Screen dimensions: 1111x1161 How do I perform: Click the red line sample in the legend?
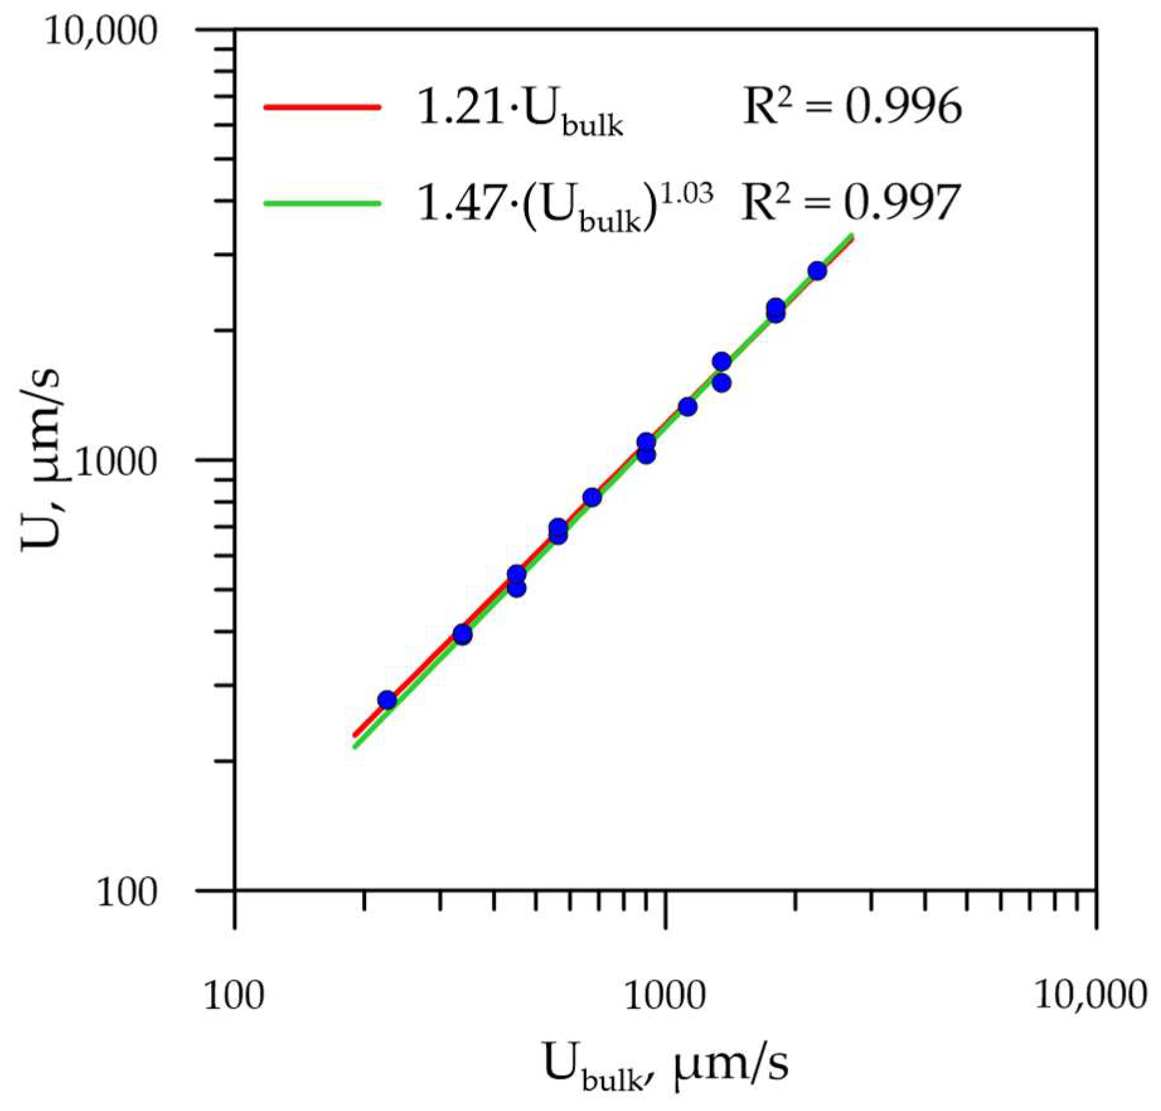point(322,107)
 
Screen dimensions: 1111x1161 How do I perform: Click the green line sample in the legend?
point(322,203)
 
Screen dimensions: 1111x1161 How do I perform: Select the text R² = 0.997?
point(850,202)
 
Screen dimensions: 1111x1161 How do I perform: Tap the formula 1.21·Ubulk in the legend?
point(520,110)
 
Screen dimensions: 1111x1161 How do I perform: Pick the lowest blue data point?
point(387,700)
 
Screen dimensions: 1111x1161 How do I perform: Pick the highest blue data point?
point(817,271)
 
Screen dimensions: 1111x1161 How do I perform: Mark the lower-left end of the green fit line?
point(356,747)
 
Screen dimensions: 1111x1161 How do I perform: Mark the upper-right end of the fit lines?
point(851,237)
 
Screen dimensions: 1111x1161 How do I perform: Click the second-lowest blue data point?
point(462,635)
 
